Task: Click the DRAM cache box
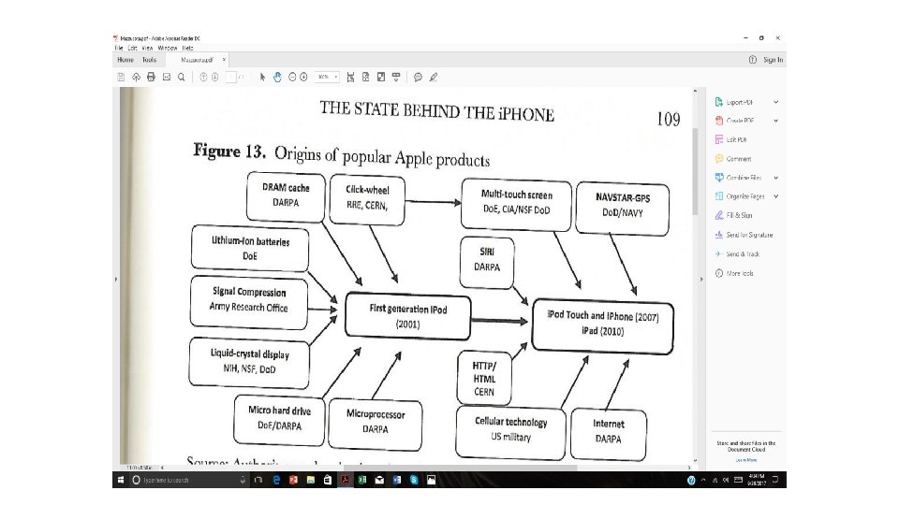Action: [287, 194]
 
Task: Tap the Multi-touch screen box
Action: [516, 206]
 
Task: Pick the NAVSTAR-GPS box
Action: [623, 207]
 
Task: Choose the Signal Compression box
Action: [249, 300]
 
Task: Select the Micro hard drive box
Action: [279, 417]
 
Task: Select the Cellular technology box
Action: [511, 429]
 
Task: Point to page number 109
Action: [668, 119]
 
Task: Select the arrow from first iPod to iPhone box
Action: [495, 320]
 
